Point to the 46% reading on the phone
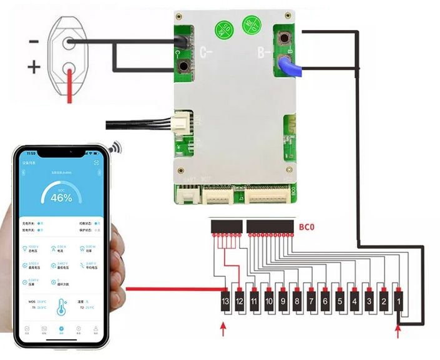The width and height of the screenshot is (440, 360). (x=61, y=197)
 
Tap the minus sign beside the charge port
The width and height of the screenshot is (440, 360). (x=34, y=42)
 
